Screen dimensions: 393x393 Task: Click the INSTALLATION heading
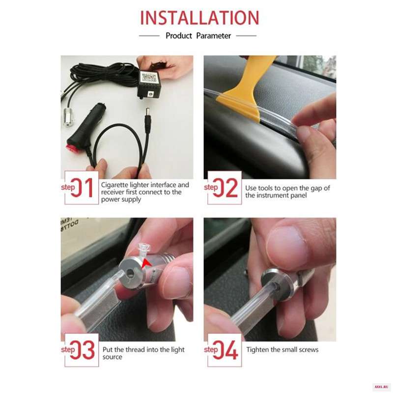[199, 18]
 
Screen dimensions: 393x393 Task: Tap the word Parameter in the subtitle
[214, 36]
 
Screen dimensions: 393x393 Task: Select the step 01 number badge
[82, 188]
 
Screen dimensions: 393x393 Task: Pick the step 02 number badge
[225, 188]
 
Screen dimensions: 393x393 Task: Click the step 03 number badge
[82, 350]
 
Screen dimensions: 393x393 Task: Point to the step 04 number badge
[225, 350]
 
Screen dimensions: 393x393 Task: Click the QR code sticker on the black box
[149, 77]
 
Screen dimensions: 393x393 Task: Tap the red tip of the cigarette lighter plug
[72, 148]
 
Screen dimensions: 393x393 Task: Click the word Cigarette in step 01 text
[114, 185]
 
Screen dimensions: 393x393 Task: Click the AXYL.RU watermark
[381, 387]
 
